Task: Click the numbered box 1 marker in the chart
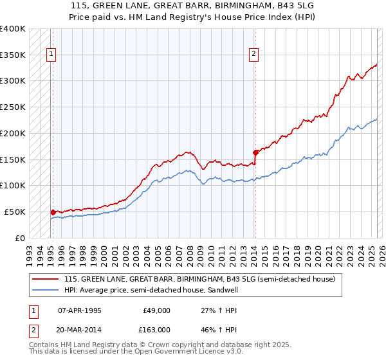[50, 55]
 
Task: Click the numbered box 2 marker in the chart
[255, 55]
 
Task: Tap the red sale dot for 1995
[53, 212]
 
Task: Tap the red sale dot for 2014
[255, 152]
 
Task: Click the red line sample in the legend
[46, 280]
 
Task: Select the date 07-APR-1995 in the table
[80, 310]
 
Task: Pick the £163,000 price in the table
[156, 330]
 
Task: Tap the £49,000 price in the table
[156, 310]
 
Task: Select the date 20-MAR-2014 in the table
[80, 330]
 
